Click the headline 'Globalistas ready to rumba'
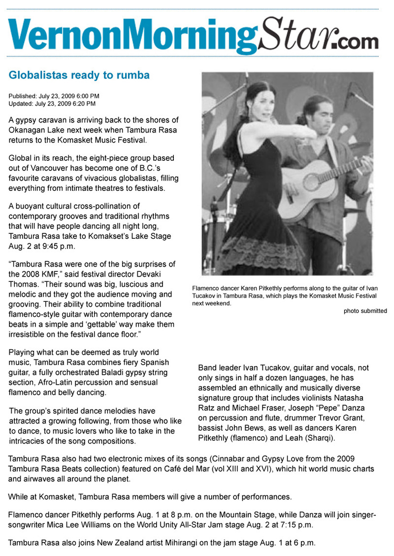(x=79, y=75)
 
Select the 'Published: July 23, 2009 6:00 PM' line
(x=54, y=96)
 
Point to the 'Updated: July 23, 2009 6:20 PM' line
(x=52, y=104)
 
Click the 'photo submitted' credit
(x=365, y=311)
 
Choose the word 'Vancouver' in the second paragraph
(x=48, y=168)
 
